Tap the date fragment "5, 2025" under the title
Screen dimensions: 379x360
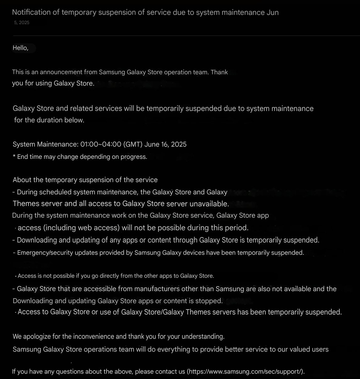click(22, 23)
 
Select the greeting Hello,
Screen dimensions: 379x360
click(20, 48)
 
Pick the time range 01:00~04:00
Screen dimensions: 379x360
click(101, 144)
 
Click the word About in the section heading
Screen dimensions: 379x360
click(22, 180)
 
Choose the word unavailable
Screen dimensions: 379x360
click(209, 204)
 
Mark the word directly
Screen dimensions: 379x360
click(101, 276)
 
